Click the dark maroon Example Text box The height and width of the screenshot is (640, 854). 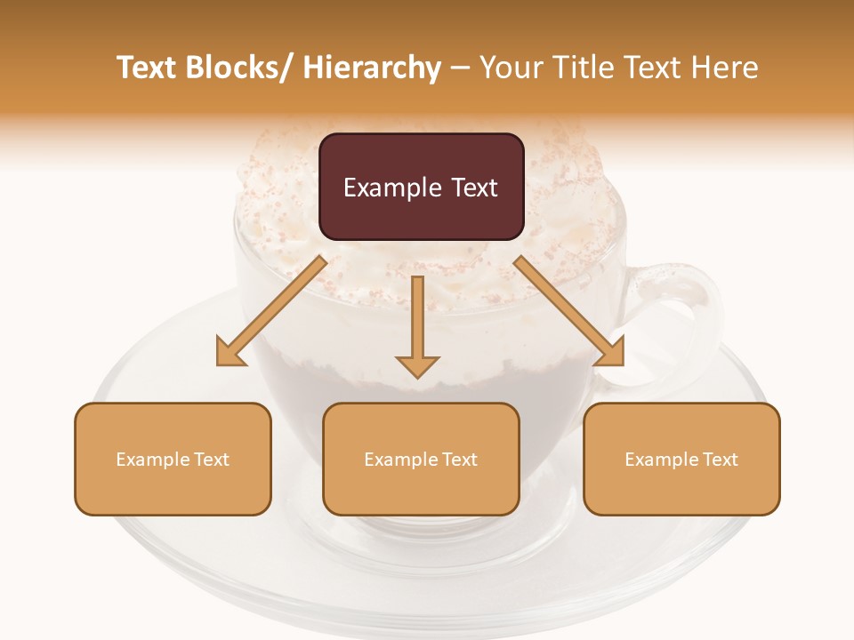coord(421,187)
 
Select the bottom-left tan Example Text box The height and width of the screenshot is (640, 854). coord(173,459)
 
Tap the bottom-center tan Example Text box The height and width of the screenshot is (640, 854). coord(421,459)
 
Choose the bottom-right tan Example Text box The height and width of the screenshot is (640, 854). coord(681,459)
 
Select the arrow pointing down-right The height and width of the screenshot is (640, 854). coord(569,311)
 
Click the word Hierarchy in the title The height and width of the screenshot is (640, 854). coord(372,68)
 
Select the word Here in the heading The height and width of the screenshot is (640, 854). coord(726,68)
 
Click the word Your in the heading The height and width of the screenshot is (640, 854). coord(511,68)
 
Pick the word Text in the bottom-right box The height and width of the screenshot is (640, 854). coord(720,459)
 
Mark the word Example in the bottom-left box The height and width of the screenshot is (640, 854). coord(153,459)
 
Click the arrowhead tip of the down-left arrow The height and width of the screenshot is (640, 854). coord(220,363)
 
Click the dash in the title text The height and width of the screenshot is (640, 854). coord(461,68)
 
